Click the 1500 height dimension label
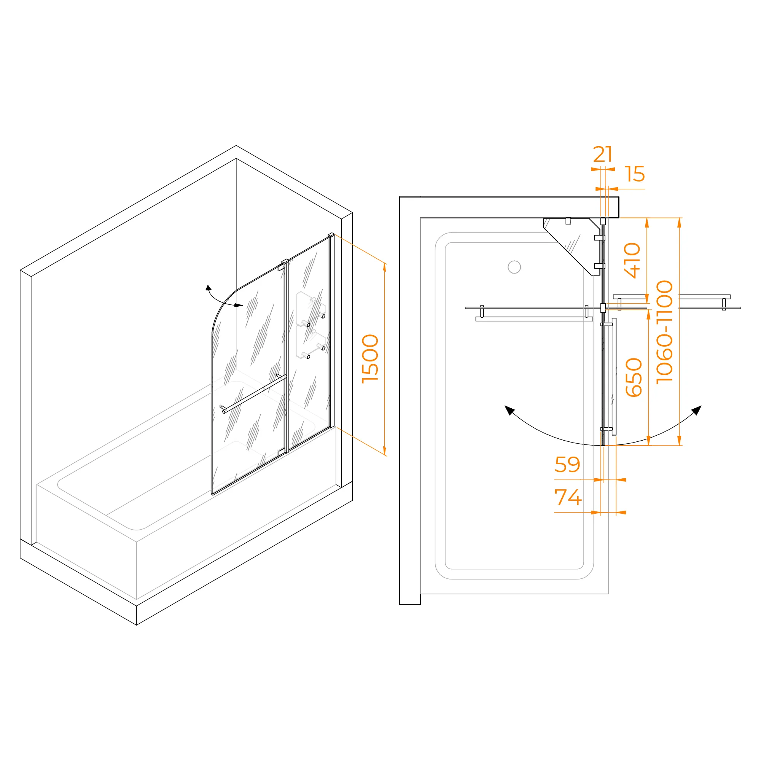click(370, 358)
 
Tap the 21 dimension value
click(603, 154)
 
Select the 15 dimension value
click(635, 174)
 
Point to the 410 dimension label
click(632, 260)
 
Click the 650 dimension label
click(634, 377)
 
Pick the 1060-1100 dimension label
click(664, 332)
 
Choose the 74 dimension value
click(568, 497)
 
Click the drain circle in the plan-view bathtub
click(514, 267)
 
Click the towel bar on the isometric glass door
click(254, 393)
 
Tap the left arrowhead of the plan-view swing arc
click(509, 410)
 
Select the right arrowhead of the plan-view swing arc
click(697, 410)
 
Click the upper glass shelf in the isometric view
click(311, 309)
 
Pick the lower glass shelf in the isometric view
click(311, 341)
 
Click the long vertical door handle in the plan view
click(614, 377)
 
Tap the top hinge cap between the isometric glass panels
click(285, 261)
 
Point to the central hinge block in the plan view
click(603, 307)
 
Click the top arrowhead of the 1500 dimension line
click(384, 267)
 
